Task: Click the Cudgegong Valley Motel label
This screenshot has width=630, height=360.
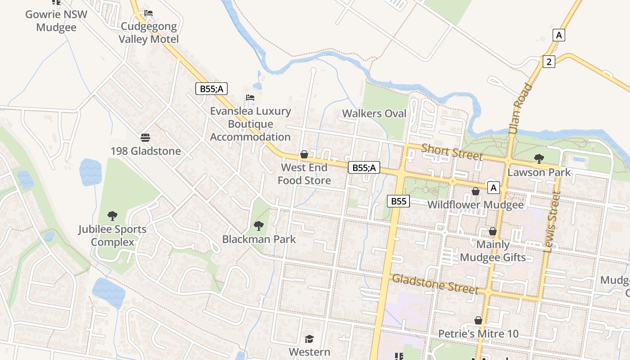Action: click(x=148, y=33)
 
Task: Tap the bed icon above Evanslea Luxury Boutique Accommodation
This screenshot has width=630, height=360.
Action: click(x=250, y=98)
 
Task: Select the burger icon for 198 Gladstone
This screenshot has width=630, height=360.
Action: click(x=145, y=137)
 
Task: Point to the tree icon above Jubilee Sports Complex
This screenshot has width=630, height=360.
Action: click(x=112, y=216)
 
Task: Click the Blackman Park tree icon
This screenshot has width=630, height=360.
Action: click(x=258, y=225)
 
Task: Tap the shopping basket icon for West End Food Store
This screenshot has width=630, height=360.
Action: click(x=304, y=155)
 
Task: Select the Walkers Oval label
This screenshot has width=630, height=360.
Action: click(x=374, y=113)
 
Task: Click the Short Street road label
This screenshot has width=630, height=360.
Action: click(x=452, y=152)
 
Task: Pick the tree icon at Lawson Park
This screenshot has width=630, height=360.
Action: click(x=539, y=158)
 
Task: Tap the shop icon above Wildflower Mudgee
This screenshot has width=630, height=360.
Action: click(x=475, y=192)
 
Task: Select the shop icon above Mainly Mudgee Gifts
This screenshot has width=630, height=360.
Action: click(x=493, y=231)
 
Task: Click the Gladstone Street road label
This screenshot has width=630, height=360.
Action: click(x=435, y=283)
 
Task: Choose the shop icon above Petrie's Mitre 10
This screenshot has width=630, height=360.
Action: click(x=478, y=320)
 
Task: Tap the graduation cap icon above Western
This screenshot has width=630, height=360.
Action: click(x=309, y=339)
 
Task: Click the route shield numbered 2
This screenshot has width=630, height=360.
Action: click(x=549, y=62)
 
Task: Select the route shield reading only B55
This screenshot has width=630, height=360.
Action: click(x=398, y=201)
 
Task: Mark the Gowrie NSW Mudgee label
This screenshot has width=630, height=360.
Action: click(x=57, y=20)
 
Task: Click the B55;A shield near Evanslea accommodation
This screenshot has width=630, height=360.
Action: click(x=211, y=89)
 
